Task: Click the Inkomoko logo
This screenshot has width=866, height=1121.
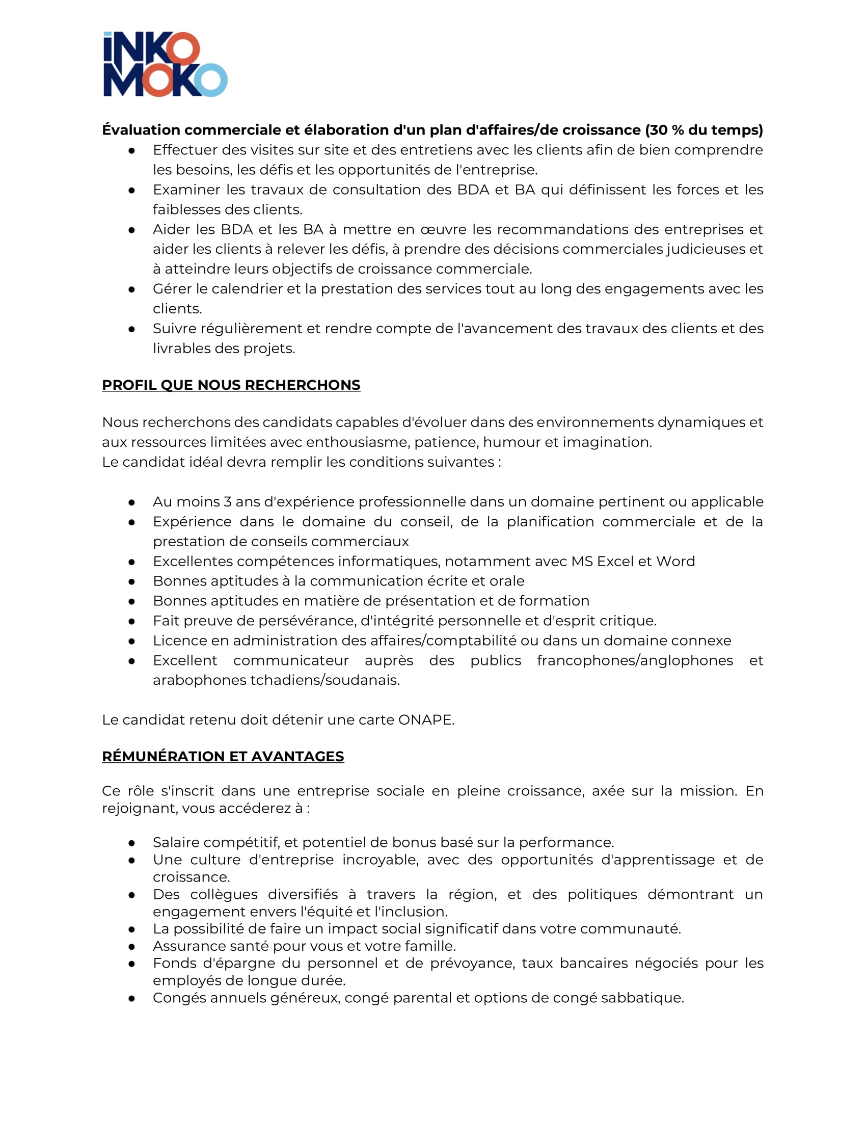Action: click(165, 64)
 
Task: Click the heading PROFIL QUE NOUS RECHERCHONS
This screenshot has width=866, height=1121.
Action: click(231, 385)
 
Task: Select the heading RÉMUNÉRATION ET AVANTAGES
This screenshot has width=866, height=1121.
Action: click(223, 756)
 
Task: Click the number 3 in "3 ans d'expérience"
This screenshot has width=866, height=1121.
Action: click(227, 501)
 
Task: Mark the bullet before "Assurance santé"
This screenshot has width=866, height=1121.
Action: click(132, 947)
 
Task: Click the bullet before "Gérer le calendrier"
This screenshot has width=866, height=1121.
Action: click(132, 289)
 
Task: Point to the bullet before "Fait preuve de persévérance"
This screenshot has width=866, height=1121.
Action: click(132, 622)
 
